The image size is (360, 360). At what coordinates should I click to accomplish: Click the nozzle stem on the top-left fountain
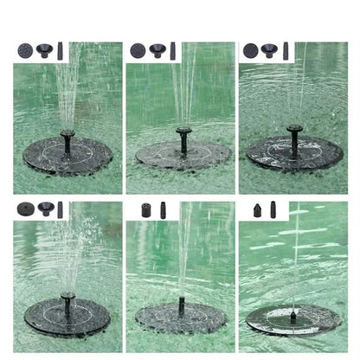(67, 140)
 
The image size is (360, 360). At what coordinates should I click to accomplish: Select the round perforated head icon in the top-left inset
(24, 50)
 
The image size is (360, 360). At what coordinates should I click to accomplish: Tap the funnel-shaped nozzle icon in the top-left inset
(43, 50)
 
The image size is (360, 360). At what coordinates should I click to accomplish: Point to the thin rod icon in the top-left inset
(60, 50)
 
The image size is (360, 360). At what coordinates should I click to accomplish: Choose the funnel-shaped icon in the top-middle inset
(157, 50)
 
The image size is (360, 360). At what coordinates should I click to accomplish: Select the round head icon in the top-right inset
(251, 50)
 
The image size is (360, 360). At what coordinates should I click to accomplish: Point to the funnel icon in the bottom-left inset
(43, 209)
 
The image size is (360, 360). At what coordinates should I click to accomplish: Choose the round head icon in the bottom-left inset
(24, 209)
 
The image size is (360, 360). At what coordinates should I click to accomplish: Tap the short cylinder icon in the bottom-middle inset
(145, 209)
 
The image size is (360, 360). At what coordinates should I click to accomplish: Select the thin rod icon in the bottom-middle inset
(163, 209)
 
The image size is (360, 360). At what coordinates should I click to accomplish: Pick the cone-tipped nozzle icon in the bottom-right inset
(258, 209)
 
